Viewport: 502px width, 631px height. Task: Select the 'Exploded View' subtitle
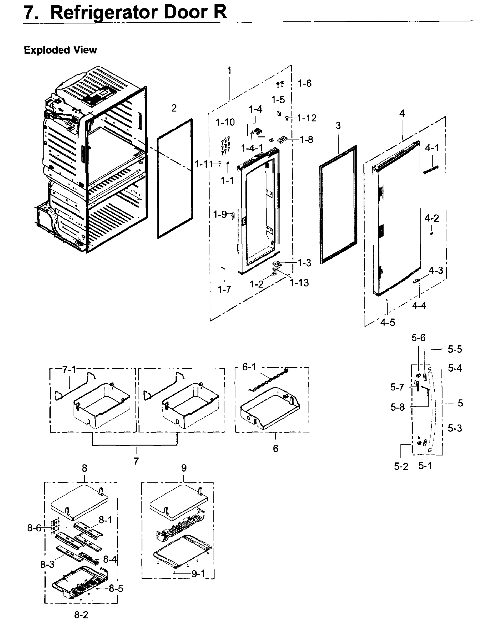pos(60,50)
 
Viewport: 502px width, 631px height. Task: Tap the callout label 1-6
pos(305,84)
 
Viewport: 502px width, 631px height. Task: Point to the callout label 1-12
pos(307,118)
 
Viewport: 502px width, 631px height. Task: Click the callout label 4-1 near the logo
pos(432,148)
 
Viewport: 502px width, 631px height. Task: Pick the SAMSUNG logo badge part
pos(431,170)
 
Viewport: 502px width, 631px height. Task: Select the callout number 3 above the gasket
pos(338,126)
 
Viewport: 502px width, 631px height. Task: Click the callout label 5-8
pos(398,407)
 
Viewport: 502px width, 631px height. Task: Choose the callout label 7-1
pos(69,370)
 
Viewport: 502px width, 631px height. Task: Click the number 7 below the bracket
pos(136,461)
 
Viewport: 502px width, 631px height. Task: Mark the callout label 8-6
pos(34,528)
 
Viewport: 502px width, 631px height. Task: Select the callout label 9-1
pos(198,574)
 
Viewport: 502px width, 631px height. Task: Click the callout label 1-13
pos(299,283)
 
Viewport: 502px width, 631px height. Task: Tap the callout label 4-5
pos(388,323)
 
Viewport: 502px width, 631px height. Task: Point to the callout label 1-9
pos(220,215)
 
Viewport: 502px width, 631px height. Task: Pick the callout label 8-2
pos(81,615)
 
